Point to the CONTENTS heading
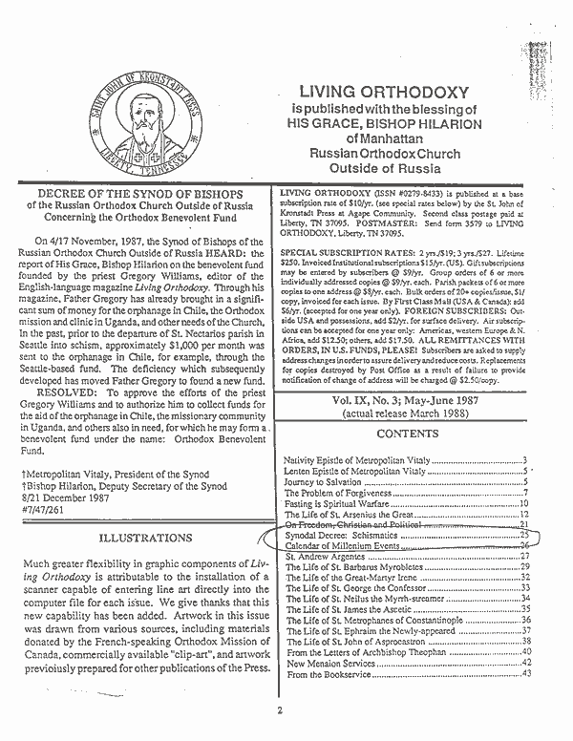(x=408, y=434)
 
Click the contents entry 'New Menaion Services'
(x=329, y=664)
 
